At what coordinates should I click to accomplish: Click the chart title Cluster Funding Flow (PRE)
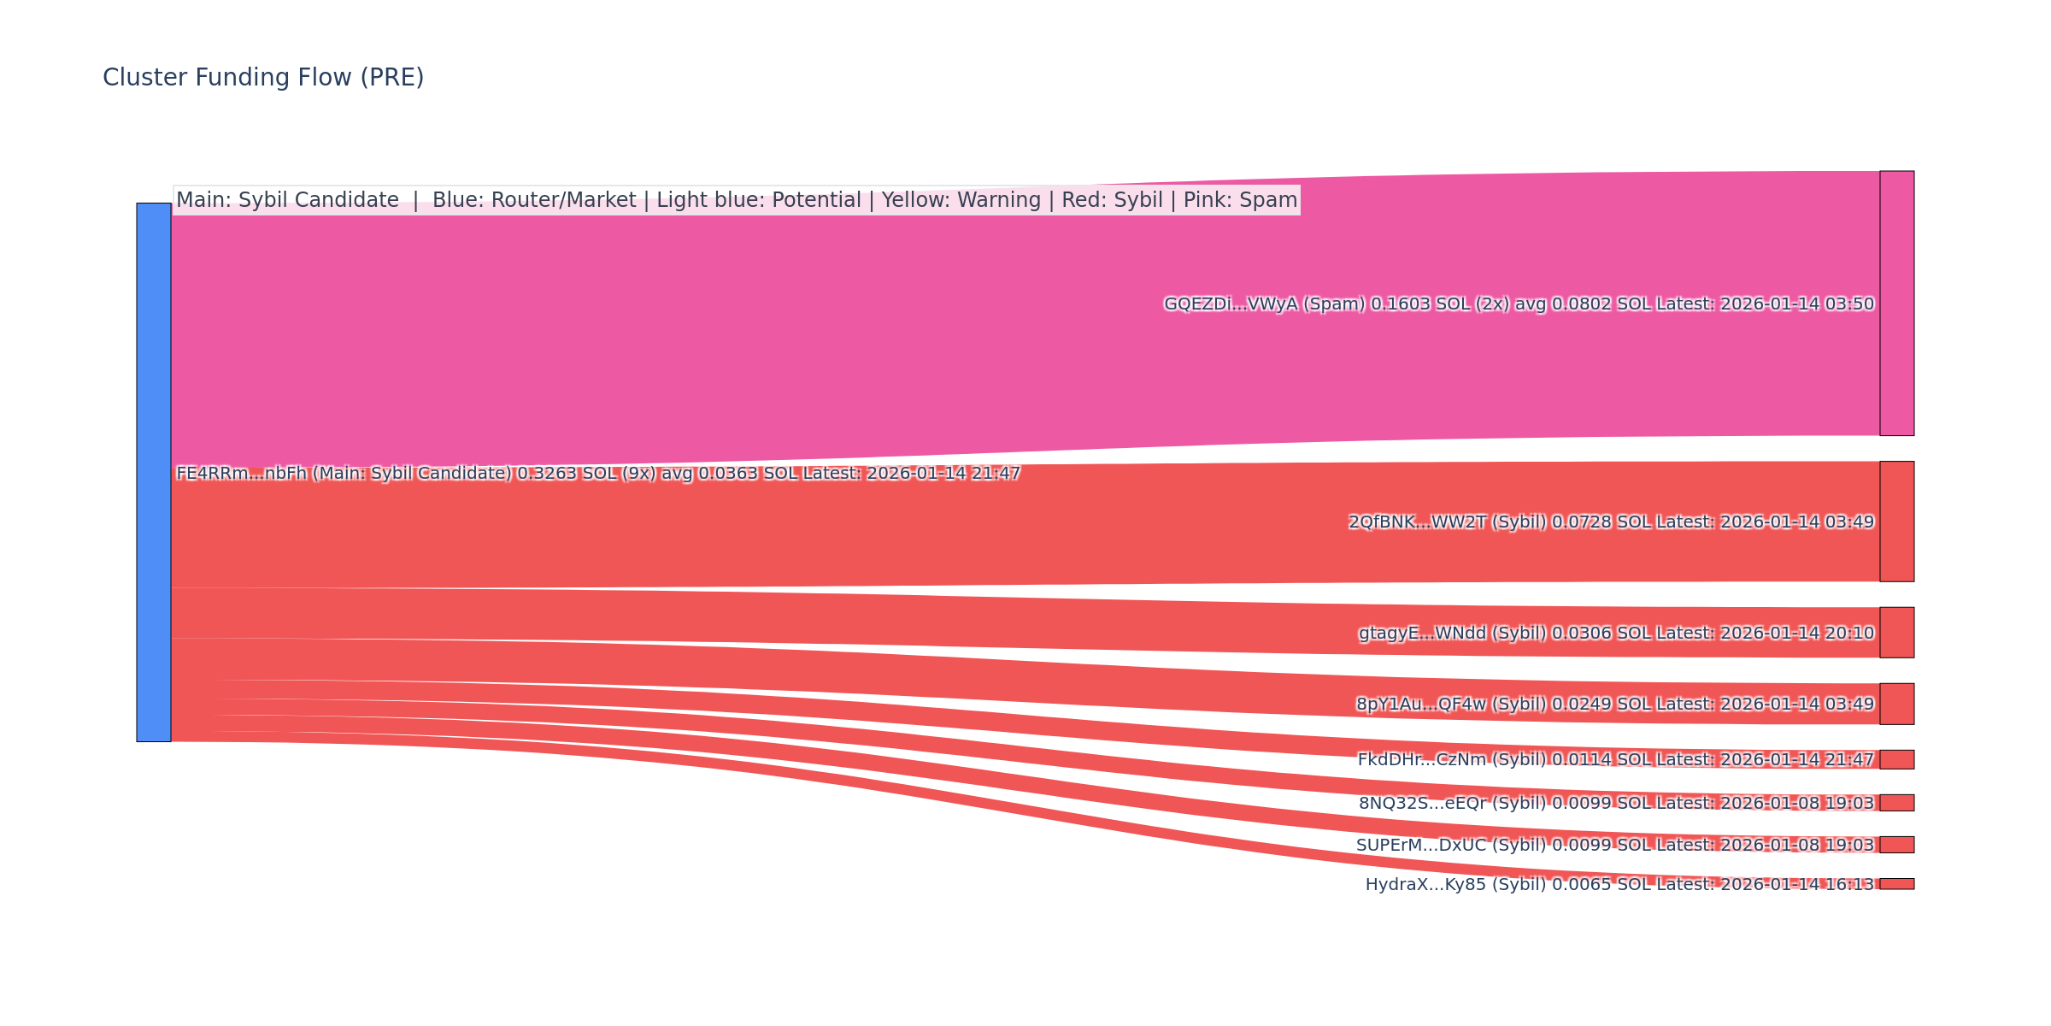coord(263,78)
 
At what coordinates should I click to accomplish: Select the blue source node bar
coord(154,472)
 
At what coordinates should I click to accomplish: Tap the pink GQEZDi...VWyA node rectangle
coord(1896,304)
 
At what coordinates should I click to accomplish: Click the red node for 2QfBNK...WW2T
coord(1896,522)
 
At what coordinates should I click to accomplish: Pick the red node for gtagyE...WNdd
coord(1896,633)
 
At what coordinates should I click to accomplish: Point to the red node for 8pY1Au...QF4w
coord(1896,704)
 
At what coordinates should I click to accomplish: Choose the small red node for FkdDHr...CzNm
coord(1896,759)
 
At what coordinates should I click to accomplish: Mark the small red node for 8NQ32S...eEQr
coord(1896,803)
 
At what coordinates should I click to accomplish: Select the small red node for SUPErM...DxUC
coord(1896,845)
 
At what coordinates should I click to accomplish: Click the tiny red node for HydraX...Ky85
coord(1896,884)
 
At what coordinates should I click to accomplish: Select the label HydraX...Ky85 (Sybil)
coord(1455,885)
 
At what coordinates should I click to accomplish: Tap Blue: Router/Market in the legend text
coord(534,200)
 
